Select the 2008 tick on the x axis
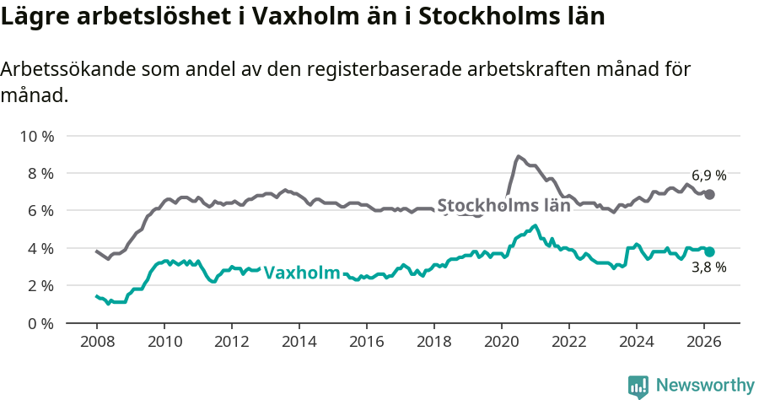click(x=96, y=342)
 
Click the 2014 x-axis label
click(x=299, y=342)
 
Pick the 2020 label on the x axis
click(x=502, y=342)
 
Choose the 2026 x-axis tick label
click(x=704, y=342)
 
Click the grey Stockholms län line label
click(x=503, y=205)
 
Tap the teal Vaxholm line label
click(x=302, y=273)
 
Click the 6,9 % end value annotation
click(x=708, y=176)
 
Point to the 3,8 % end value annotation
click(x=708, y=268)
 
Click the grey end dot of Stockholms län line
click(x=710, y=194)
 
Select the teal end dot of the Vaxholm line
click(x=710, y=251)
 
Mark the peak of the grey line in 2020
click(x=519, y=156)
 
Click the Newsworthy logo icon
click(x=638, y=386)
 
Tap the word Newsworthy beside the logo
click(x=705, y=386)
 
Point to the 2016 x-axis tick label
click(x=367, y=342)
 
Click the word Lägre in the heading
click(x=32, y=17)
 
